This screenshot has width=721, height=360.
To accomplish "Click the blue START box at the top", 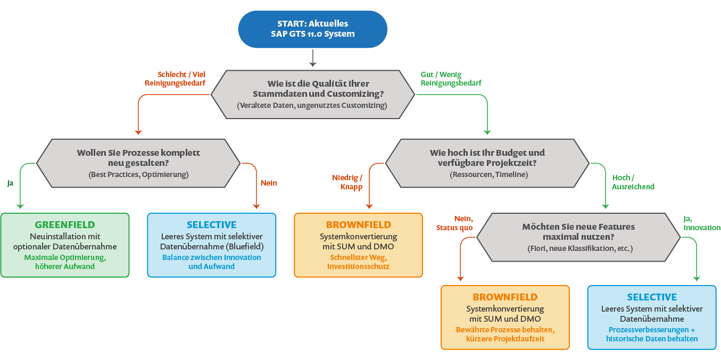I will pyautogui.click(x=312, y=29).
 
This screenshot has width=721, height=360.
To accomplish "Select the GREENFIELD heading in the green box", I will pyautogui.click(x=65, y=224).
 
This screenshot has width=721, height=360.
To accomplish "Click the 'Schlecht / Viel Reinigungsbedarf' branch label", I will pyautogui.click(x=175, y=79).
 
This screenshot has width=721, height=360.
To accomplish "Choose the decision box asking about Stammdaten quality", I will pyautogui.click(x=312, y=94).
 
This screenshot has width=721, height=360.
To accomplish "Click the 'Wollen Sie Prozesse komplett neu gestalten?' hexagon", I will pyautogui.click(x=138, y=163).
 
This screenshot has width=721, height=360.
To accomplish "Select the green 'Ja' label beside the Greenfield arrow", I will pyautogui.click(x=10, y=183).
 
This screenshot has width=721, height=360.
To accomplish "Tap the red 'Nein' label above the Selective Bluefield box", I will pyautogui.click(x=269, y=183).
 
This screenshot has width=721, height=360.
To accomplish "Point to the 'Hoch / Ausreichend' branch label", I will pyautogui.click(x=633, y=182).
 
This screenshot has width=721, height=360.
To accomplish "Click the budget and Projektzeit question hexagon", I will pyautogui.click(x=487, y=163).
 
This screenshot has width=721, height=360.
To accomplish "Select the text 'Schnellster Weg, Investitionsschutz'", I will pyautogui.click(x=358, y=261).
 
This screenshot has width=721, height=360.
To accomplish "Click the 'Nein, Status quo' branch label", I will pyautogui.click(x=455, y=223).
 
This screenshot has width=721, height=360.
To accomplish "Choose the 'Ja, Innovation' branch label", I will pyautogui.click(x=701, y=223).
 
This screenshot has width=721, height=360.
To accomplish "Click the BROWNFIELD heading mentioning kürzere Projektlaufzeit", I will pyautogui.click(x=505, y=297).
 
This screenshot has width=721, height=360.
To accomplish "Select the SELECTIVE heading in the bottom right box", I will pyautogui.click(x=652, y=297).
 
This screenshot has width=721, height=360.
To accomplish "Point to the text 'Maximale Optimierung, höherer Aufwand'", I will pyautogui.click(x=65, y=261).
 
